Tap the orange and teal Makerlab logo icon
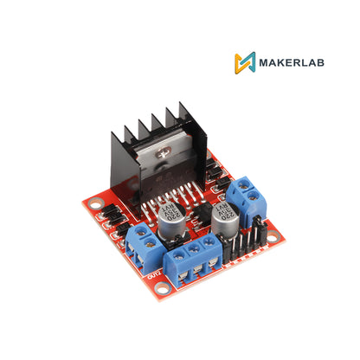click(x=245, y=63)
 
